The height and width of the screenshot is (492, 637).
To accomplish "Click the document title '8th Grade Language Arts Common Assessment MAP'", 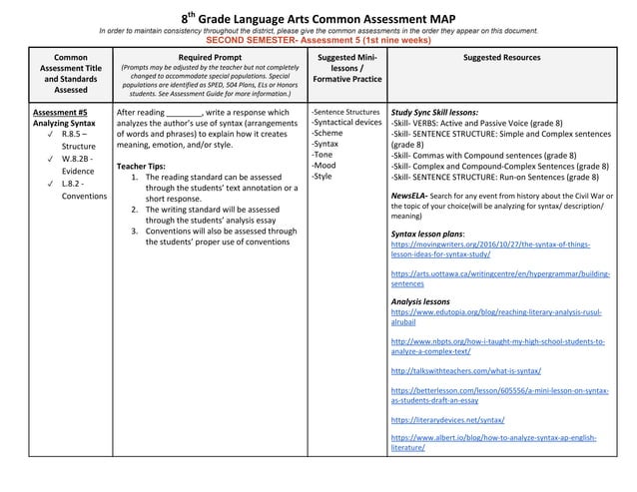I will [x=318, y=18].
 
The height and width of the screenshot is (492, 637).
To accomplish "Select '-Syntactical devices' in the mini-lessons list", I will [x=346, y=123].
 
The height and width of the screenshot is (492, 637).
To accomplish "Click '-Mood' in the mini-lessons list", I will [x=322, y=166].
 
